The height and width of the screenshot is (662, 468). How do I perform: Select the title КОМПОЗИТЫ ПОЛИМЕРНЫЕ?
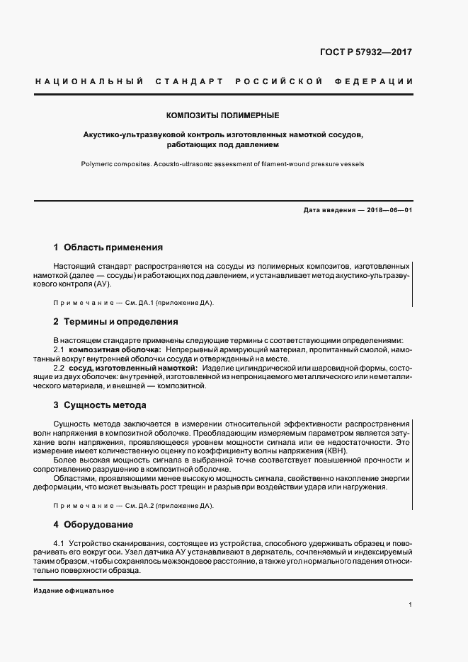(x=223, y=115)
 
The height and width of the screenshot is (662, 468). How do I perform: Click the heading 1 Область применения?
(x=108, y=248)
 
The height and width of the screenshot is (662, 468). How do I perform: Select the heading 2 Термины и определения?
(x=115, y=322)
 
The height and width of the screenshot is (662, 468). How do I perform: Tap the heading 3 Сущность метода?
(x=100, y=405)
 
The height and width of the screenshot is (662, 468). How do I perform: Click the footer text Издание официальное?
(x=74, y=590)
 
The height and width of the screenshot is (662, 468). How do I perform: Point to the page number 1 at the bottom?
(x=410, y=605)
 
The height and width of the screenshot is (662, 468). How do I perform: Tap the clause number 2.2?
(x=59, y=368)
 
